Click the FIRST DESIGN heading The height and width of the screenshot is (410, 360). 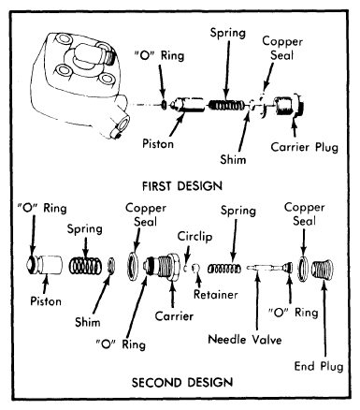point(182,186)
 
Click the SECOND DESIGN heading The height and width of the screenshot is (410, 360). point(182,383)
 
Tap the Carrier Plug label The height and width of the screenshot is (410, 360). point(305,147)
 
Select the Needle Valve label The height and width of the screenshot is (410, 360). point(245,340)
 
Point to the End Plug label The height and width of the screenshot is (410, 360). point(319,366)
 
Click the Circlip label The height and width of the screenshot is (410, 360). point(194,237)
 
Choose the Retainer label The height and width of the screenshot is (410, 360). point(216,295)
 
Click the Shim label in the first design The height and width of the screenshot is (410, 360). point(233,159)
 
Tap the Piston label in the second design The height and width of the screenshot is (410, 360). point(46,301)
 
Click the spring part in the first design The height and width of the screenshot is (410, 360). point(227,106)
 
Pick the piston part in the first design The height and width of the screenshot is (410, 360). point(188,105)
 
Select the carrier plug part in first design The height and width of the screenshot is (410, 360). point(289,106)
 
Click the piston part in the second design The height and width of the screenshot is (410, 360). point(44,265)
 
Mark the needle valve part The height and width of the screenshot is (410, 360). point(270,268)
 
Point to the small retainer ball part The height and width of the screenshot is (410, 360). point(195,268)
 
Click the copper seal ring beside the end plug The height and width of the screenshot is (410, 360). point(303,268)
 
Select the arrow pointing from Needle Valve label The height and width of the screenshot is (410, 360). point(257,302)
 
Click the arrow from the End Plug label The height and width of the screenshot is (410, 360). point(324,319)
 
